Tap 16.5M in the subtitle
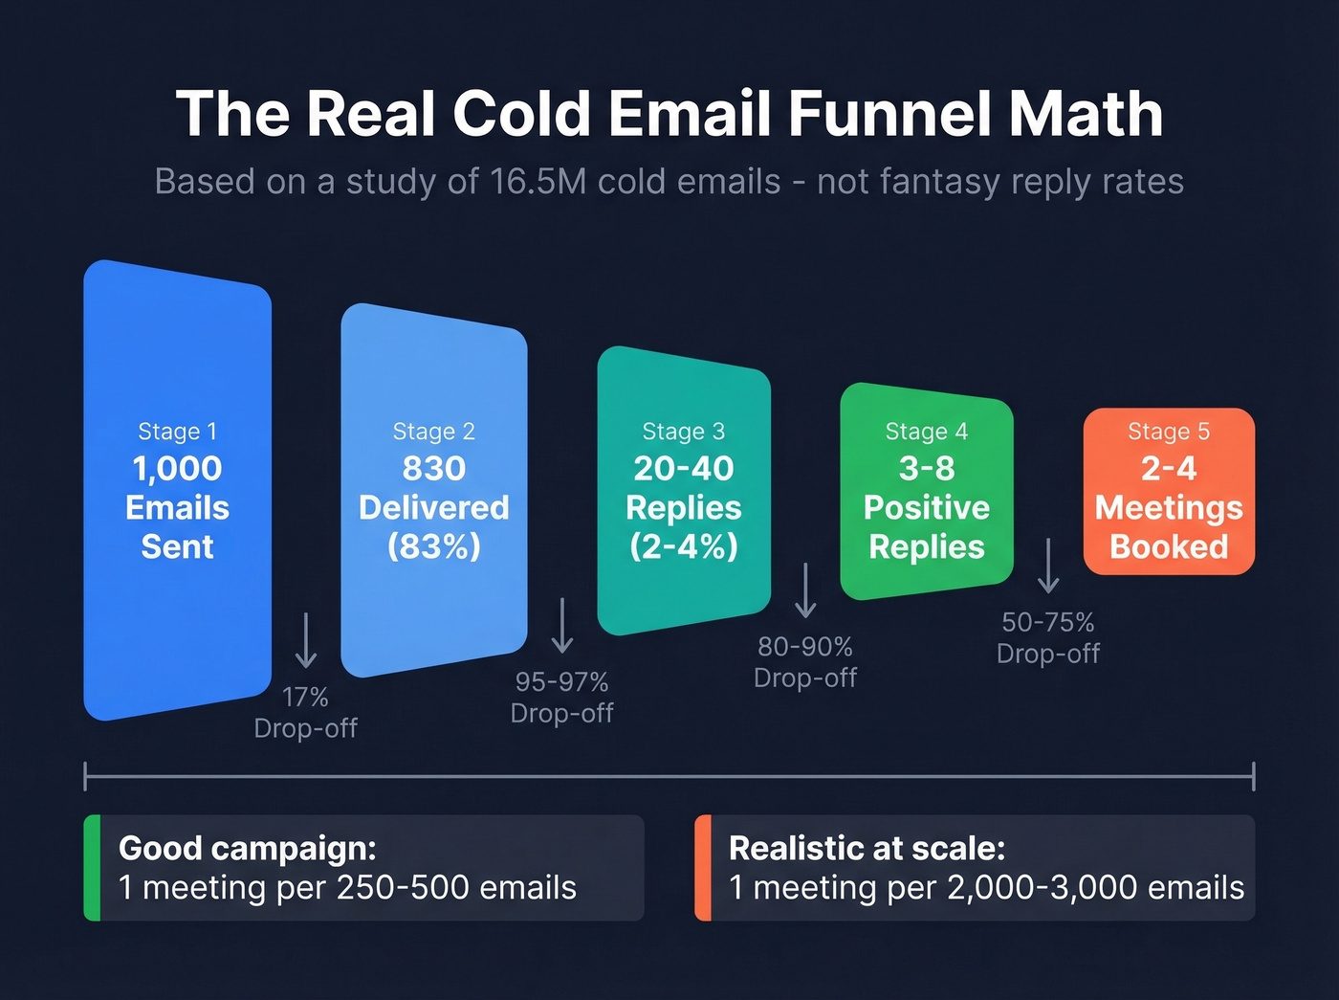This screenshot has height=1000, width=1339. [538, 181]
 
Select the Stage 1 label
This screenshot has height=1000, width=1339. [177, 432]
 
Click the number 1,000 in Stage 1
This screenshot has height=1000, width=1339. [177, 468]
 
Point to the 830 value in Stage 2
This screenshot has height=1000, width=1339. [433, 468]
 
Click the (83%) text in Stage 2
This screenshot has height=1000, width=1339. [433, 546]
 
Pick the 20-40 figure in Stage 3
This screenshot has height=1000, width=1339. [683, 468]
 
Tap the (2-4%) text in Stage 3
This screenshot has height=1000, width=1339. [683, 546]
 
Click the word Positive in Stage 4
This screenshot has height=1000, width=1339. [926, 507]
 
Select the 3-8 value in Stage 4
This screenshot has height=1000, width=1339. [926, 468]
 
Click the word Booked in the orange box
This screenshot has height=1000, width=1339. [1169, 546]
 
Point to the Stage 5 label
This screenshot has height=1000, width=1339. [1169, 432]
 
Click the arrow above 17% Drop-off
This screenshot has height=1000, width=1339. [306, 639]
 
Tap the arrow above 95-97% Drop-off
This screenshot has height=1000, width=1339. [562, 625]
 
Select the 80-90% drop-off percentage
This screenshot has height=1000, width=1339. [805, 647]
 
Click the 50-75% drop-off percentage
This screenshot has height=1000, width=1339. [1048, 622]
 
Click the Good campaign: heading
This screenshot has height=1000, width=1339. [248, 848]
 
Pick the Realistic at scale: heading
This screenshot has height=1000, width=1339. [867, 848]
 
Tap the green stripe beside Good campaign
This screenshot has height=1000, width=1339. [92, 868]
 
